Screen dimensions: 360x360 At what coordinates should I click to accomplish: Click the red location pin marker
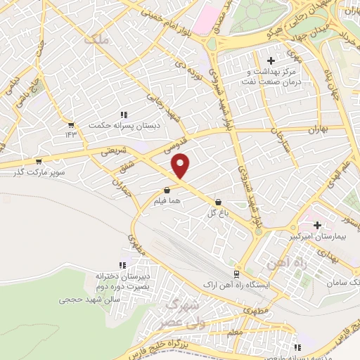click(x=181, y=166)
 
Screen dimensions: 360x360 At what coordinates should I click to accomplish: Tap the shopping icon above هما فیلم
click(x=167, y=190)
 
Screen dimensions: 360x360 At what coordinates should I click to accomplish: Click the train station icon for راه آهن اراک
click(x=236, y=274)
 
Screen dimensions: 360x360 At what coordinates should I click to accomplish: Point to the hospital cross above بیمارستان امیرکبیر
click(x=318, y=226)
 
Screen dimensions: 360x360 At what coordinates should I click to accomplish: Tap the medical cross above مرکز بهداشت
click(x=271, y=61)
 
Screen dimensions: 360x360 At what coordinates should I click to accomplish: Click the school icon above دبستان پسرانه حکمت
click(x=124, y=115)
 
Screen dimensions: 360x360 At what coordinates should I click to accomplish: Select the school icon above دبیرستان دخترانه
click(x=122, y=265)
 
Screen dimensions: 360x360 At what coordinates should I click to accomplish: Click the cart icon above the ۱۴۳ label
click(x=70, y=124)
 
